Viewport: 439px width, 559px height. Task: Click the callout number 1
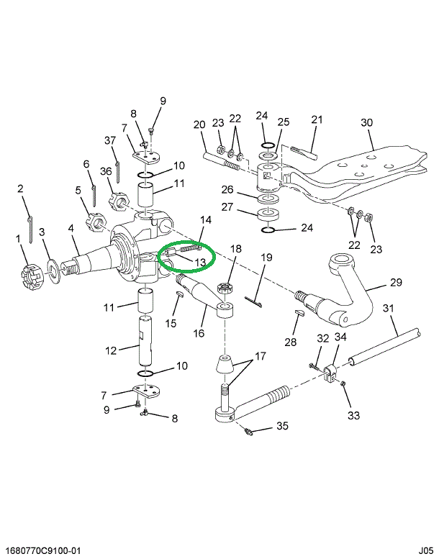[x=18, y=238]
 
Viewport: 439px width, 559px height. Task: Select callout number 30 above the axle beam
[x=367, y=122]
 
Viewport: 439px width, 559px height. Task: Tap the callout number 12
[x=111, y=350]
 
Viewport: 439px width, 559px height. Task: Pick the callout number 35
[x=282, y=426]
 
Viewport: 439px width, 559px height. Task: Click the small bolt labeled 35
[x=249, y=432]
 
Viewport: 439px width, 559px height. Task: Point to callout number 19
[x=265, y=257]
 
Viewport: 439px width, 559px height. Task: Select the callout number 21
[x=317, y=119]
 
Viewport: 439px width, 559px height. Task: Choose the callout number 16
[x=199, y=333]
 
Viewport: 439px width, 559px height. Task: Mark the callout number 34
[x=340, y=337]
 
